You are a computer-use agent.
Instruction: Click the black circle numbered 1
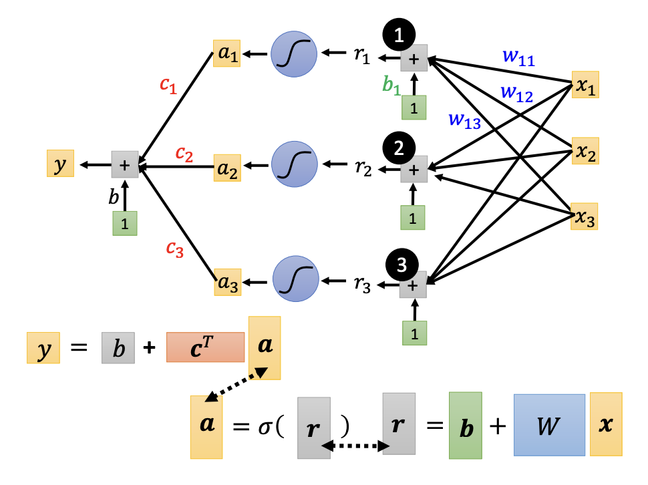[x=399, y=37]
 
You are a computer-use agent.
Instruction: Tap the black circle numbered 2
[x=399, y=149]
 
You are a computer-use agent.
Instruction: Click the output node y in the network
[x=60, y=164]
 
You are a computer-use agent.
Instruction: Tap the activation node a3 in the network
[x=227, y=283]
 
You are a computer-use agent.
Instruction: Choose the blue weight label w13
[x=465, y=120]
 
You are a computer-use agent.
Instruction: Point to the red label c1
[x=168, y=85]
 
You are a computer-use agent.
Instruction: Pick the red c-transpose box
[x=204, y=347]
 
